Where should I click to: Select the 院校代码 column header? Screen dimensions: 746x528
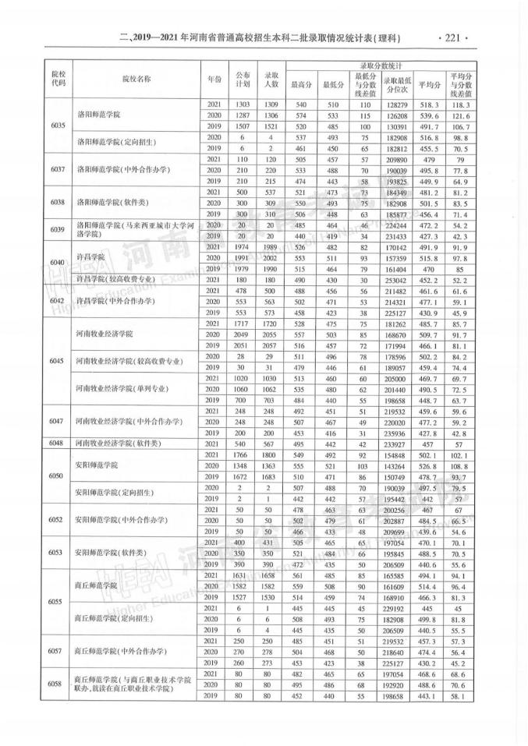(x=57, y=79)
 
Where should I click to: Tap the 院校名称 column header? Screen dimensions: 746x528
(x=136, y=79)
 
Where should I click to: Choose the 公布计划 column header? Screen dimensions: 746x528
(x=243, y=79)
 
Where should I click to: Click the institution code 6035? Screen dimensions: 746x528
(x=57, y=126)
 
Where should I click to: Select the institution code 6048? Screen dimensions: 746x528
(x=57, y=442)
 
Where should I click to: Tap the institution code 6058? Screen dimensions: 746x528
(x=57, y=684)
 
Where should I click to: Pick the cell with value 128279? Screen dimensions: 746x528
(x=398, y=104)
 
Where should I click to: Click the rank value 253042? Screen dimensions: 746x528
(x=398, y=280)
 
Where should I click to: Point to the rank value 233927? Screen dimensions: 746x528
(x=398, y=442)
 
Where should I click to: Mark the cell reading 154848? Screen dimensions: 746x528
(x=398, y=454)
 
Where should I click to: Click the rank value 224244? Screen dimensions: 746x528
(x=398, y=224)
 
